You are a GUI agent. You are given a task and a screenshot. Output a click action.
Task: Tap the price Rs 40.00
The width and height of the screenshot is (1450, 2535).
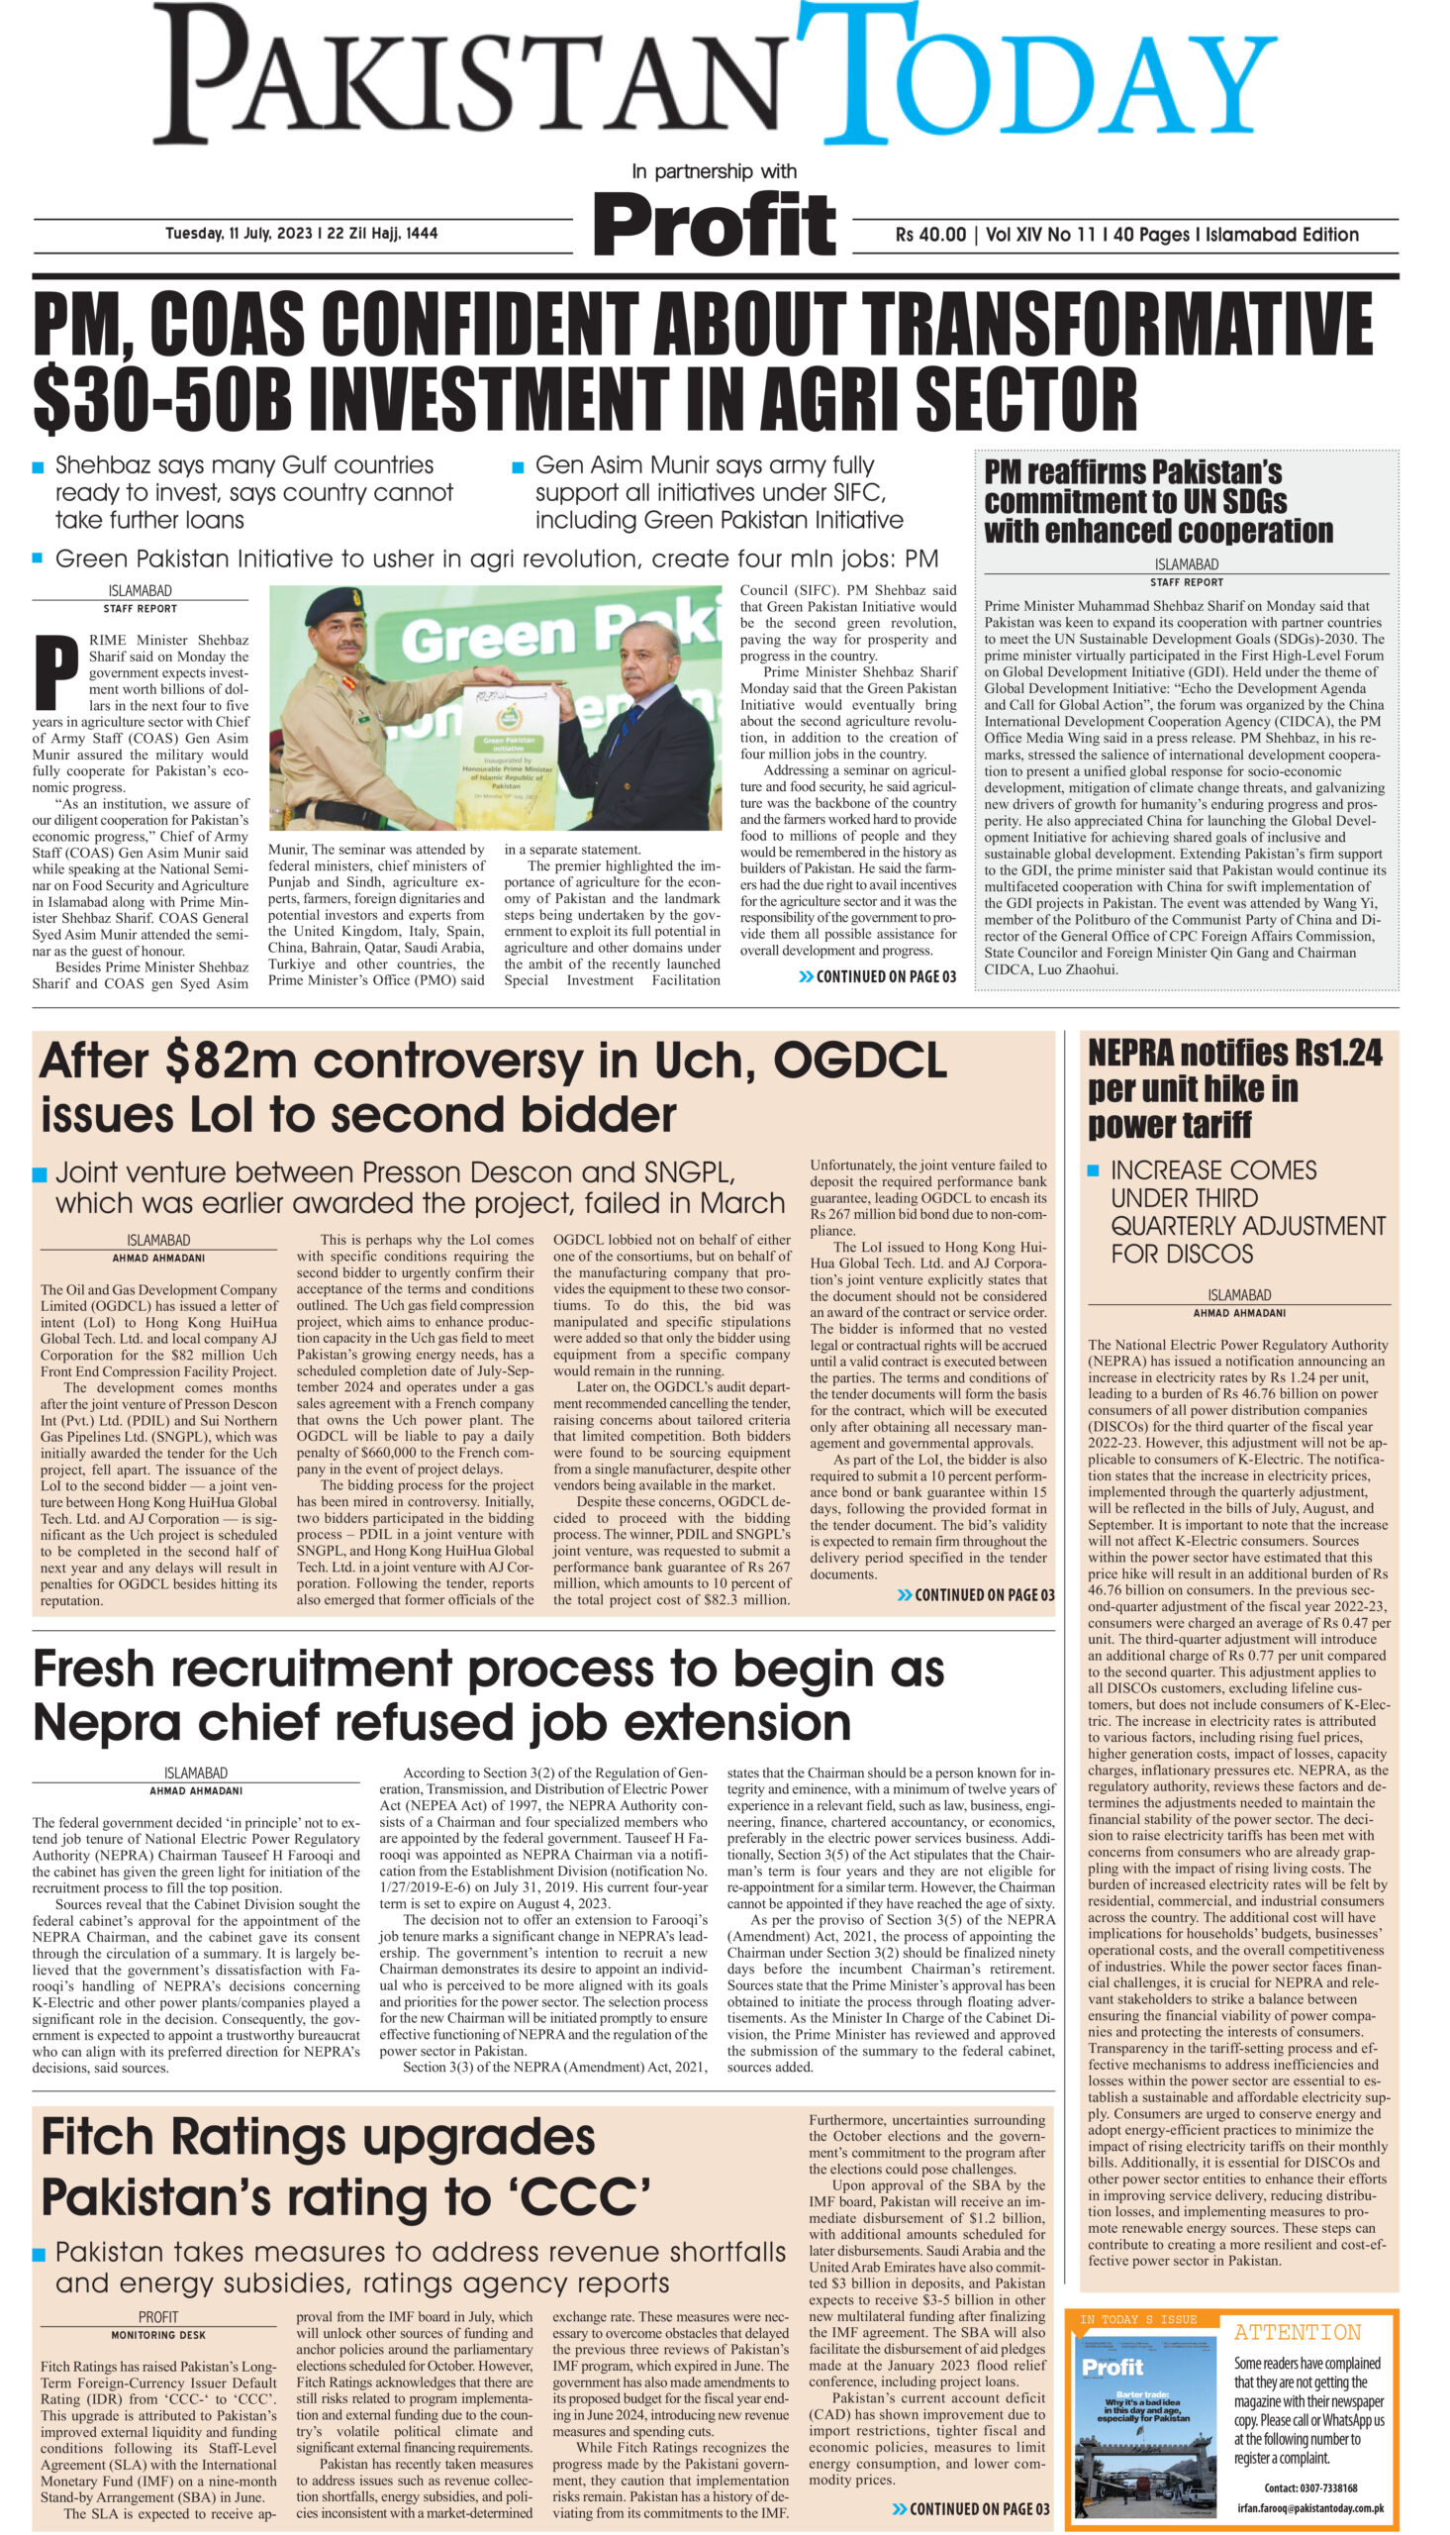[930, 235]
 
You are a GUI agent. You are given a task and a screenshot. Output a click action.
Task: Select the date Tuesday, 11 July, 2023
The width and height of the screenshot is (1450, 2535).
[239, 233]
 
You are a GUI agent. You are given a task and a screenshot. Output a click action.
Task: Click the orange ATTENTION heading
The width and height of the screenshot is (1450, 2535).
[1297, 2334]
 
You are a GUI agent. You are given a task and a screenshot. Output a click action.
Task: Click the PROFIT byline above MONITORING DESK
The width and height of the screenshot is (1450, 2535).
[158, 2317]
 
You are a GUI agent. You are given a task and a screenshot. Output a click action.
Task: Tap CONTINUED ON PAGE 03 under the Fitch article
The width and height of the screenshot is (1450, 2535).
[970, 2509]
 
